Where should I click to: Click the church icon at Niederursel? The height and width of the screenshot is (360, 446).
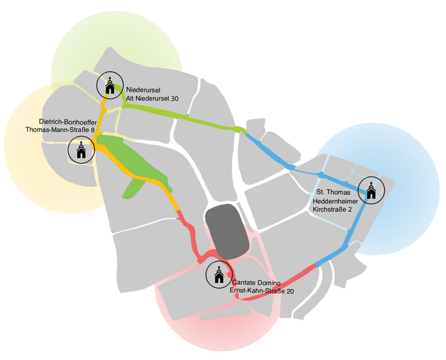[110, 85]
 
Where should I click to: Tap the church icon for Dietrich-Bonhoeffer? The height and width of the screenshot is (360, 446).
[82, 150]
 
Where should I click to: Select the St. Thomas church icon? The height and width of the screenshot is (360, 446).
[371, 191]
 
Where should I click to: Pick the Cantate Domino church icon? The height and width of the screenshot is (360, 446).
[219, 275]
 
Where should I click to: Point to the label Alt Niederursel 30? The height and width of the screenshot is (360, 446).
[152, 98]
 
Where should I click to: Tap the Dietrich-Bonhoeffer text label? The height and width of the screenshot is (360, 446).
[68, 122]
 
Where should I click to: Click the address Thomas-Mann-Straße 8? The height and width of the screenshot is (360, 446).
[60, 130]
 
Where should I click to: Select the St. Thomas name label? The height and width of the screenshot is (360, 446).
[333, 192]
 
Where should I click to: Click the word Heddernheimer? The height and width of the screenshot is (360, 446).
[335, 201]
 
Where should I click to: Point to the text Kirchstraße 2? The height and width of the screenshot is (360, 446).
[332, 210]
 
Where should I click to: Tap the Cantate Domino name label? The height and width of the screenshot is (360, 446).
[256, 283]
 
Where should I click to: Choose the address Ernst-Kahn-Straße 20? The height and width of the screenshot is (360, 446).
[262, 291]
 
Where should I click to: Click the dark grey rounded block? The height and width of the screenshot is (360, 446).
[227, 231]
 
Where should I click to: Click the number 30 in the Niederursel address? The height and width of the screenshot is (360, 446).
[175, 98]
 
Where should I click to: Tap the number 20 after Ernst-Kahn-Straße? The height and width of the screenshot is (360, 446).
[291, 291]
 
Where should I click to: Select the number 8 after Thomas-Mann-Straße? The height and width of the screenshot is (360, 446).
[93, 130]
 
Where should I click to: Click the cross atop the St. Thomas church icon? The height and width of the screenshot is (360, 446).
[371, 184]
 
